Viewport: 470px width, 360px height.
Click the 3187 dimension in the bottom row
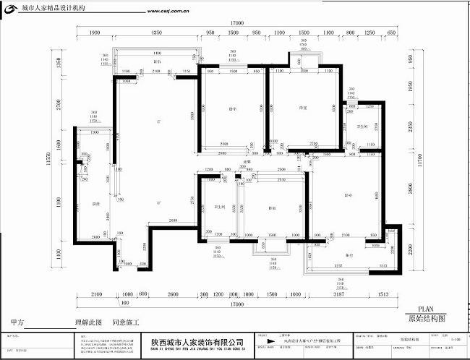point(337,295)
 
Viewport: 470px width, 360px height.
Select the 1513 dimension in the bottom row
point(383,295)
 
